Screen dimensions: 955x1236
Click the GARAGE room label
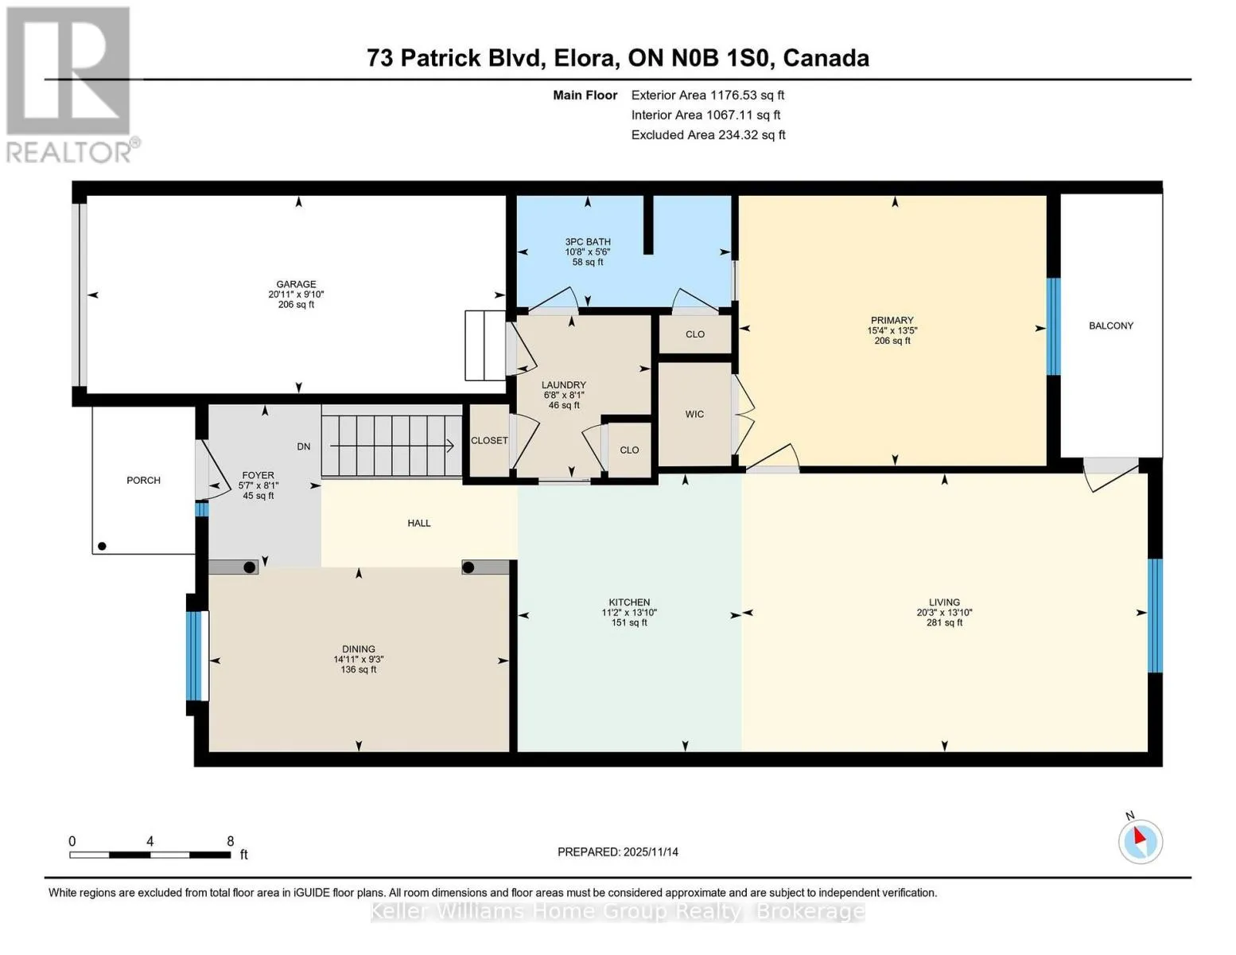click(x=296, y=284)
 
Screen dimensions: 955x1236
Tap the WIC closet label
click(x=694, y=415)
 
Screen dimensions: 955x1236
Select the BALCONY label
click(x=1110, y=325)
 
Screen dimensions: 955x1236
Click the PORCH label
click(x=143, y=481)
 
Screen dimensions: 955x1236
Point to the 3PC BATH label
click(x=588, y=242)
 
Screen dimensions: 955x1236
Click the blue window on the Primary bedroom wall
click(x=1053, y=326)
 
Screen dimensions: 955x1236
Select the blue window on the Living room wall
click(x=1155, y=615)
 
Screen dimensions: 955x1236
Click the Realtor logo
click(x=70, y=84)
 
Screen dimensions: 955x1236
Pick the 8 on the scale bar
click(x=231, y=841)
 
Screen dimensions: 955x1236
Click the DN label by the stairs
click(x=304, y=447)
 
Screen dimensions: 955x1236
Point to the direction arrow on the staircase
click(x=449, y=446)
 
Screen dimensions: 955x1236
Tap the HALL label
click(x=419, y=524)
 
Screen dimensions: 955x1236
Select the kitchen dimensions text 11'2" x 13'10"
click(x=629, y=613)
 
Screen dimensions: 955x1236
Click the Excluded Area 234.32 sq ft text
click(x=708, y=135)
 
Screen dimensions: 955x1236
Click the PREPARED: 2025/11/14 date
click(x=618, y=852)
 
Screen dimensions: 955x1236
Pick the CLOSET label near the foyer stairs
click(x=489, y=441)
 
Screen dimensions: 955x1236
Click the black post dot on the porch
click(x=102, y=547)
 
